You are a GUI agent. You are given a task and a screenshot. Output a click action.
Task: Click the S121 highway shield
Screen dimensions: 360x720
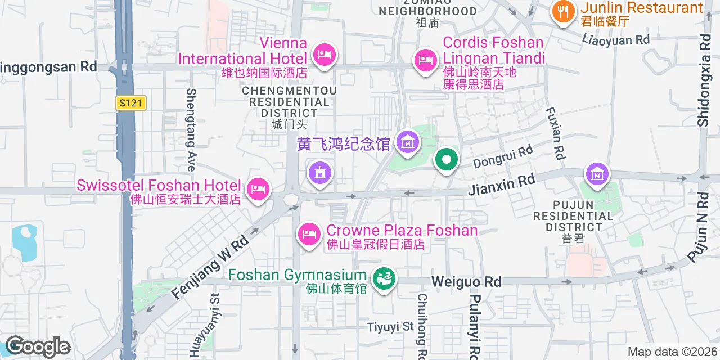coord(131,103)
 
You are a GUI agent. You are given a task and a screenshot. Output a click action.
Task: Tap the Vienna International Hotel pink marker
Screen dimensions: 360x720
coord(324,55)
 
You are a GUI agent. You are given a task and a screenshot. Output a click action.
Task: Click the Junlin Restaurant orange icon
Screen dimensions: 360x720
coord(563,11)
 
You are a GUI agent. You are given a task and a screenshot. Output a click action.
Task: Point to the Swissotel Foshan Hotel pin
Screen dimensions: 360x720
coord(258,189)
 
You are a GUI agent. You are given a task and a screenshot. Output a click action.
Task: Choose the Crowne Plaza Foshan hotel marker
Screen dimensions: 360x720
coord(308,232)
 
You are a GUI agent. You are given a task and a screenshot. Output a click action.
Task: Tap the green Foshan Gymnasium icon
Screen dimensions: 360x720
coord(384,278)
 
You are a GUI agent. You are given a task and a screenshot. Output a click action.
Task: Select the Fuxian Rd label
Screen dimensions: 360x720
coord(555,133)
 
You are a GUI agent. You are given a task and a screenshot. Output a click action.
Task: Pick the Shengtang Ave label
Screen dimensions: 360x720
coord(191,129)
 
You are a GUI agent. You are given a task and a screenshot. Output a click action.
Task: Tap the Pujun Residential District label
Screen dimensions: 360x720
coord(573,216)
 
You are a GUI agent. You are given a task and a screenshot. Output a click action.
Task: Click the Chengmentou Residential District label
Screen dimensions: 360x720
coord(289,102)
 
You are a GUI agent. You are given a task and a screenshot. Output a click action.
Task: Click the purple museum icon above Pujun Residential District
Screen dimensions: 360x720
coord(597,173)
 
